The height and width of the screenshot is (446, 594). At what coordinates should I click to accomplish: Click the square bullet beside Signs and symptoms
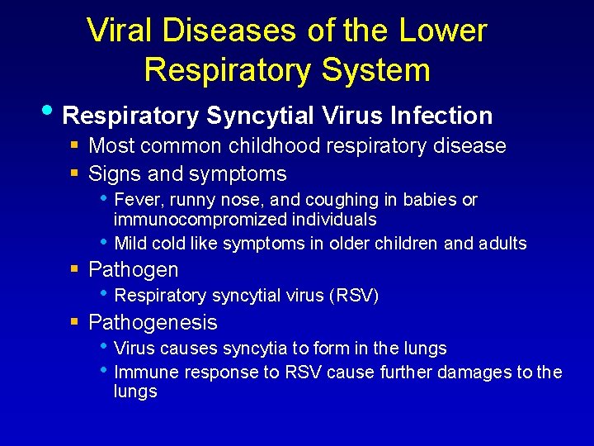pyautogui.click(x=74, y=174)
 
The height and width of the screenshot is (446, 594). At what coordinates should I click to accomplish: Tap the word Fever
pyautogui.click(x=135, y=200)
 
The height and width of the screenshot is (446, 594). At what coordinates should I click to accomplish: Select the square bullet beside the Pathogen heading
pyautogui.click(x=74, y=270)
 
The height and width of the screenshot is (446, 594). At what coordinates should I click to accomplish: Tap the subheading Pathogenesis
pyautogui.click(x=153, y=322)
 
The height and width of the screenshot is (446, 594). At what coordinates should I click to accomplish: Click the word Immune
pyautogui.click(x=146, y=372)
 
